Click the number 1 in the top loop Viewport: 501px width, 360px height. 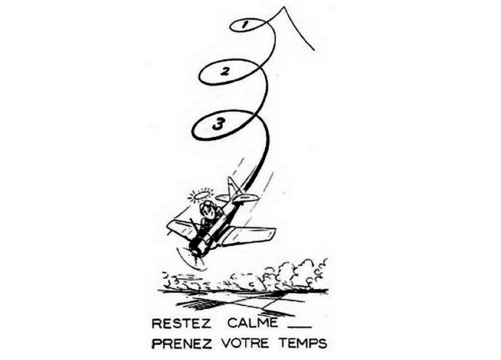click(x=245, y=25)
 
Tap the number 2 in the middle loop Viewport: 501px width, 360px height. click(x=225, y=71)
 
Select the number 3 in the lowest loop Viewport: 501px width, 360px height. click(x=219, y=124)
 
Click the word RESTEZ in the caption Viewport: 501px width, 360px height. click(x=181, y=323)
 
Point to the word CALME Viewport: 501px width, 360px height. click(x=252, y=323)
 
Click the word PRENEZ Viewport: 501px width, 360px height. click(x=182, y=344)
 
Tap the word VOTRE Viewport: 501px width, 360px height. click(x=245, y=343)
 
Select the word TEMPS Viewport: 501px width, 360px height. click(x=303, y=343)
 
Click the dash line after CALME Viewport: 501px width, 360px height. click(x=299, y=327)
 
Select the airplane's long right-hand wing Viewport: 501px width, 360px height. click(x=248, y=236)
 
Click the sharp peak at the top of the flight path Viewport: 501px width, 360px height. click(x=284, y=7)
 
